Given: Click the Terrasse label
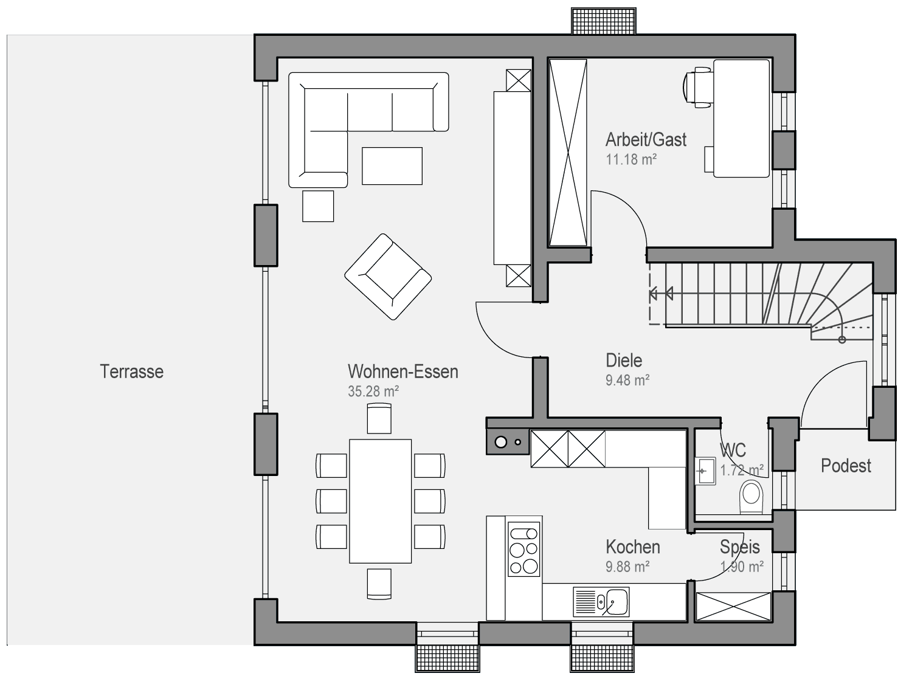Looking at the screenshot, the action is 131,371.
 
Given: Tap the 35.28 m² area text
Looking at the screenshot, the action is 373,391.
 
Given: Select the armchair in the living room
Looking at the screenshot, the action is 388,277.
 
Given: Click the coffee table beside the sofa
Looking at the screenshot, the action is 392,166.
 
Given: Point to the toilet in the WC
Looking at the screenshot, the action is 751,497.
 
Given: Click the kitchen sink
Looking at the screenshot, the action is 601,602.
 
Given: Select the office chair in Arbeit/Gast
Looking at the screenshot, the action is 697,88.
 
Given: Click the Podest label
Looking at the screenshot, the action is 846,466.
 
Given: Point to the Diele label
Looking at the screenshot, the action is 624,360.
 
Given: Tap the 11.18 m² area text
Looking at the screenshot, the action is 630,159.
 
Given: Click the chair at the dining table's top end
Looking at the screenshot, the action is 379,418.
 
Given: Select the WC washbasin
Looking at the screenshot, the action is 706,471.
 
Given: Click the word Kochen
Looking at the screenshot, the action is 633,547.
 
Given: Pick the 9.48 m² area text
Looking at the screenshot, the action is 627,380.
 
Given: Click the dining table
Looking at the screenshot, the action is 381,501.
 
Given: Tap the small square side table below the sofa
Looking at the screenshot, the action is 318,206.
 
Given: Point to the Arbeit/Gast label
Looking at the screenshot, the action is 646,140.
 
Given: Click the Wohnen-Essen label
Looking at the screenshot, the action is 403,371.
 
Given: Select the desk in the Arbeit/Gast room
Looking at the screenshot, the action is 741,119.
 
